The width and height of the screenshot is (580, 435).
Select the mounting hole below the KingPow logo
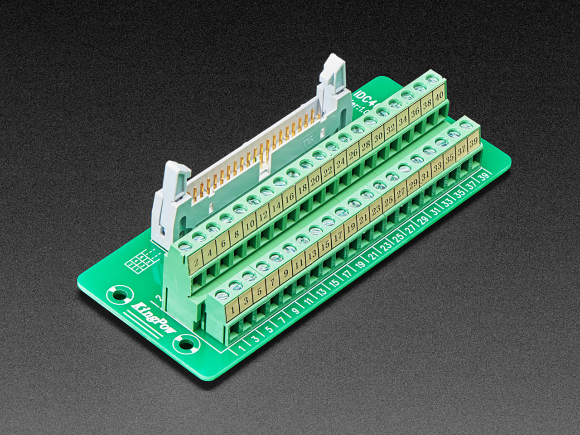click(x=186, y=345)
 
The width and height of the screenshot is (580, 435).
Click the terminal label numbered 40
click(x=438, y=97)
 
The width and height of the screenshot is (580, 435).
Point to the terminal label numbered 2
click(x=197, y=262)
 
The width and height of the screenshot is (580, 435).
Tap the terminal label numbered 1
click(x=232, y=311)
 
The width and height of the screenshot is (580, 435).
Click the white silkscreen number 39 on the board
click(x=483, y=177)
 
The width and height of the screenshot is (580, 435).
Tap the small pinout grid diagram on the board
click(x=141, y=262)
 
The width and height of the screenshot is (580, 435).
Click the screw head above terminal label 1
click(x=222, y=295)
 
